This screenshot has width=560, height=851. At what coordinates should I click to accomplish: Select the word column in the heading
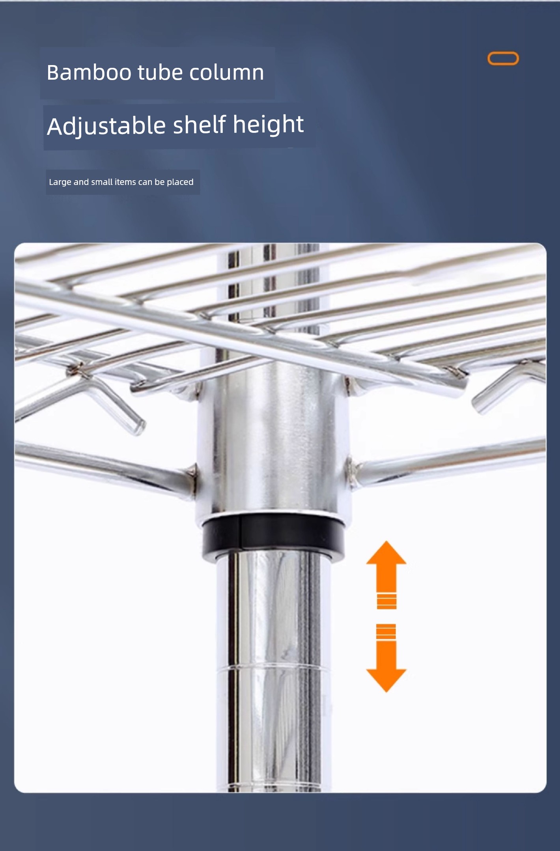[227, 73]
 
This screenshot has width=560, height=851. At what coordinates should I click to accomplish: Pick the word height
[269, 125]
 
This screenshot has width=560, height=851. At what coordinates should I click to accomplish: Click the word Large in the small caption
[60, 182]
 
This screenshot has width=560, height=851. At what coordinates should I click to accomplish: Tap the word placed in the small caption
[180, 182]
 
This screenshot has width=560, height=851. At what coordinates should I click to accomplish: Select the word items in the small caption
[125, 182]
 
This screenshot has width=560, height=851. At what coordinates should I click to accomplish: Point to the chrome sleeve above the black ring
[273, 438]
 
